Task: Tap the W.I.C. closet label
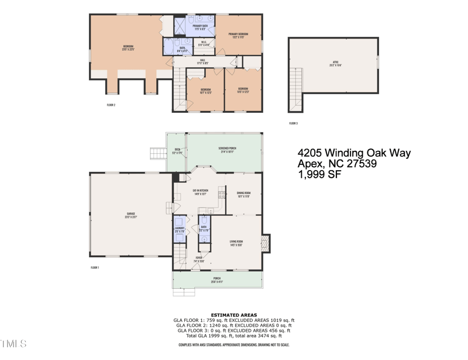pyautogui.click(x=204, y=43)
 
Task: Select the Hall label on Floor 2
pyautogui.click(x=203, y=61)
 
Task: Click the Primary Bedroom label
pyautogui.click(x=238, y=36)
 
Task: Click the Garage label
pyautogui.click(x=130, y=215)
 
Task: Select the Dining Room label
pyautogui.click(x=243, y=195)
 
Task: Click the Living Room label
pyautogui.click(x=236, y=243)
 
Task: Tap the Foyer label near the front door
pyautogui.click(x=199, y=259)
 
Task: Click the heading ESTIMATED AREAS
pyautogui.click(x=233, y=315)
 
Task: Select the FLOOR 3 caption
pyautogui.click(x=293, y=123)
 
